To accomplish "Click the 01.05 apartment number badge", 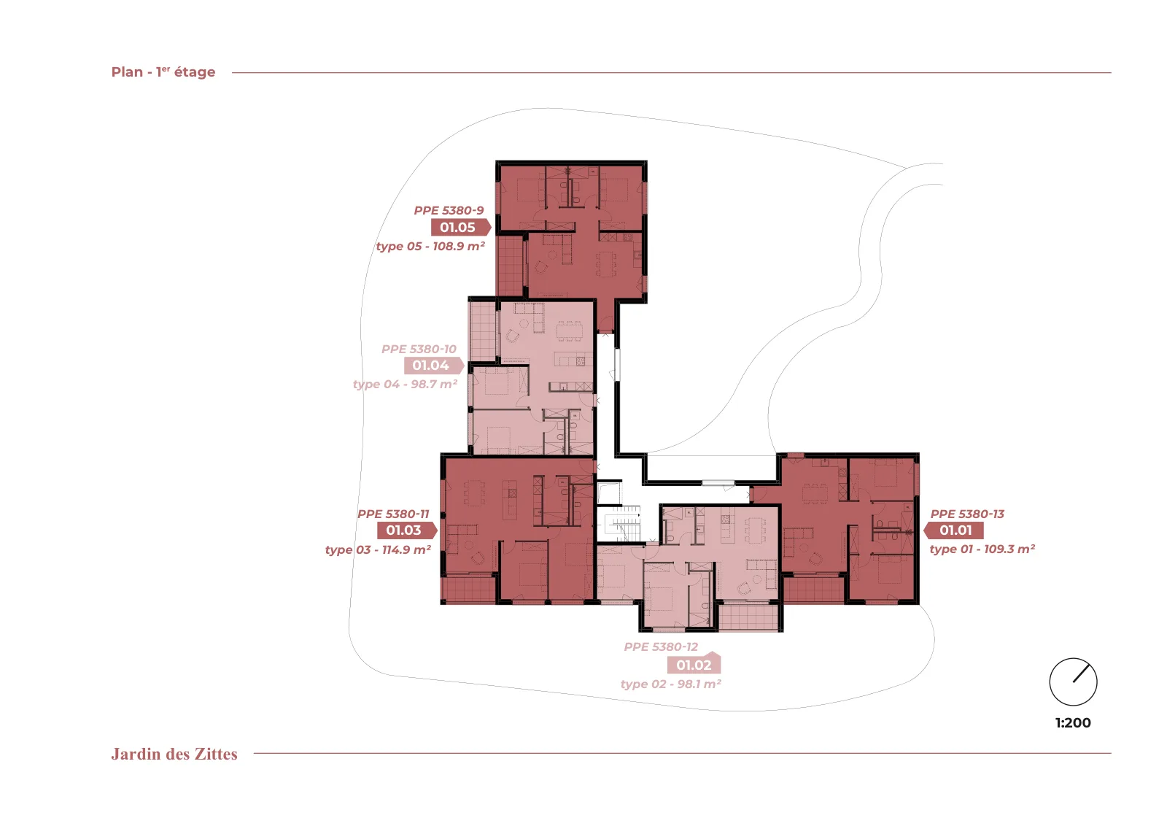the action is click(x=461, y=227).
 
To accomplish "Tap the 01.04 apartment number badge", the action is click(x=434, y=366).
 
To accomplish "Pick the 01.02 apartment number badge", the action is click(x=694, y=663).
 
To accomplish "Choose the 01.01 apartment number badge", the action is click(x=953, y=530).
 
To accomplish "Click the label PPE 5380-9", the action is click(x=449, y=211).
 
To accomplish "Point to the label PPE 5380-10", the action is click(x=419, y=350).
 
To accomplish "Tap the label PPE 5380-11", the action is click(x=393, y=514).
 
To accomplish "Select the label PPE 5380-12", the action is click(x=661, y=646).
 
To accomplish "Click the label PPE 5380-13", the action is click(x=967, y=514).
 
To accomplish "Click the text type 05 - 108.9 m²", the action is click(x=431, y=246).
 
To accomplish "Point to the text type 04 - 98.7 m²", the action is click(x=406, y=384).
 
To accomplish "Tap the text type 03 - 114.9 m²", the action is click(x=379, y=549).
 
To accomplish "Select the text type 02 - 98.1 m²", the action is click(x=671, y=684).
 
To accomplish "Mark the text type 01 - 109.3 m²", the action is click(x=982, y=549).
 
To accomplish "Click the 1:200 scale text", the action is click(x=1073, y=723).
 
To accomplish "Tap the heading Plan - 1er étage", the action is click(x=163, y=72).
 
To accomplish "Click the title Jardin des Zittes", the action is click(x=174, y=754).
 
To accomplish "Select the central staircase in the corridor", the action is click(x=619, y=523).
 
